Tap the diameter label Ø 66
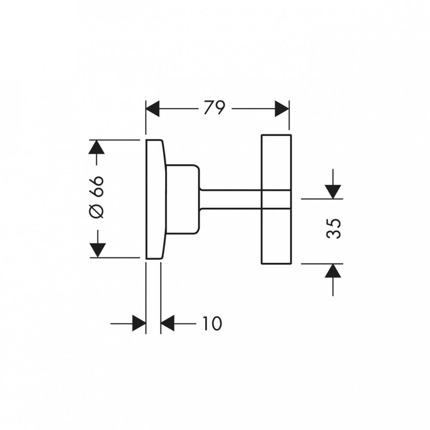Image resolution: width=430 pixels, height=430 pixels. [98, 197]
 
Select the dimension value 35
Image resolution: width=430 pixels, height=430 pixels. [334, 228]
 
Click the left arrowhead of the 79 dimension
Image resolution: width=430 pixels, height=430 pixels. [153, 109]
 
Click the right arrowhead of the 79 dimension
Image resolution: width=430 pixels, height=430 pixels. [282, 109]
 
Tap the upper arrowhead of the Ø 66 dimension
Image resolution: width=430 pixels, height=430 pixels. [98, 147]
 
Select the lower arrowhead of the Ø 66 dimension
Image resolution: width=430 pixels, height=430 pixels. [98, 250]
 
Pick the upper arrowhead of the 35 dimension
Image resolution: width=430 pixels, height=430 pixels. [333, 191]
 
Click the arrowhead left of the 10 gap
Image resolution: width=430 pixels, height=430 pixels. [139, 323]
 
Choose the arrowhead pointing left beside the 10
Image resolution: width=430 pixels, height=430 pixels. [167, 323]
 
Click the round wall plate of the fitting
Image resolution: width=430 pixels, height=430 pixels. [155, 199]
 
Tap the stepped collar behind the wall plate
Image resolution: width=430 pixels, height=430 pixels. [183, 199]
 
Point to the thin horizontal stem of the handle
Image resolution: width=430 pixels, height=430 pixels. [230, 199]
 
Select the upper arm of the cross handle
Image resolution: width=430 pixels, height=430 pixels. [276, 162]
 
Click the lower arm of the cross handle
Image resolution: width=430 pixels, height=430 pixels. [276, 236]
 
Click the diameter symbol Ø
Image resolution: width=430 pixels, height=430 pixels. [98, 212]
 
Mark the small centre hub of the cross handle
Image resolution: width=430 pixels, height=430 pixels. [276, 199]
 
